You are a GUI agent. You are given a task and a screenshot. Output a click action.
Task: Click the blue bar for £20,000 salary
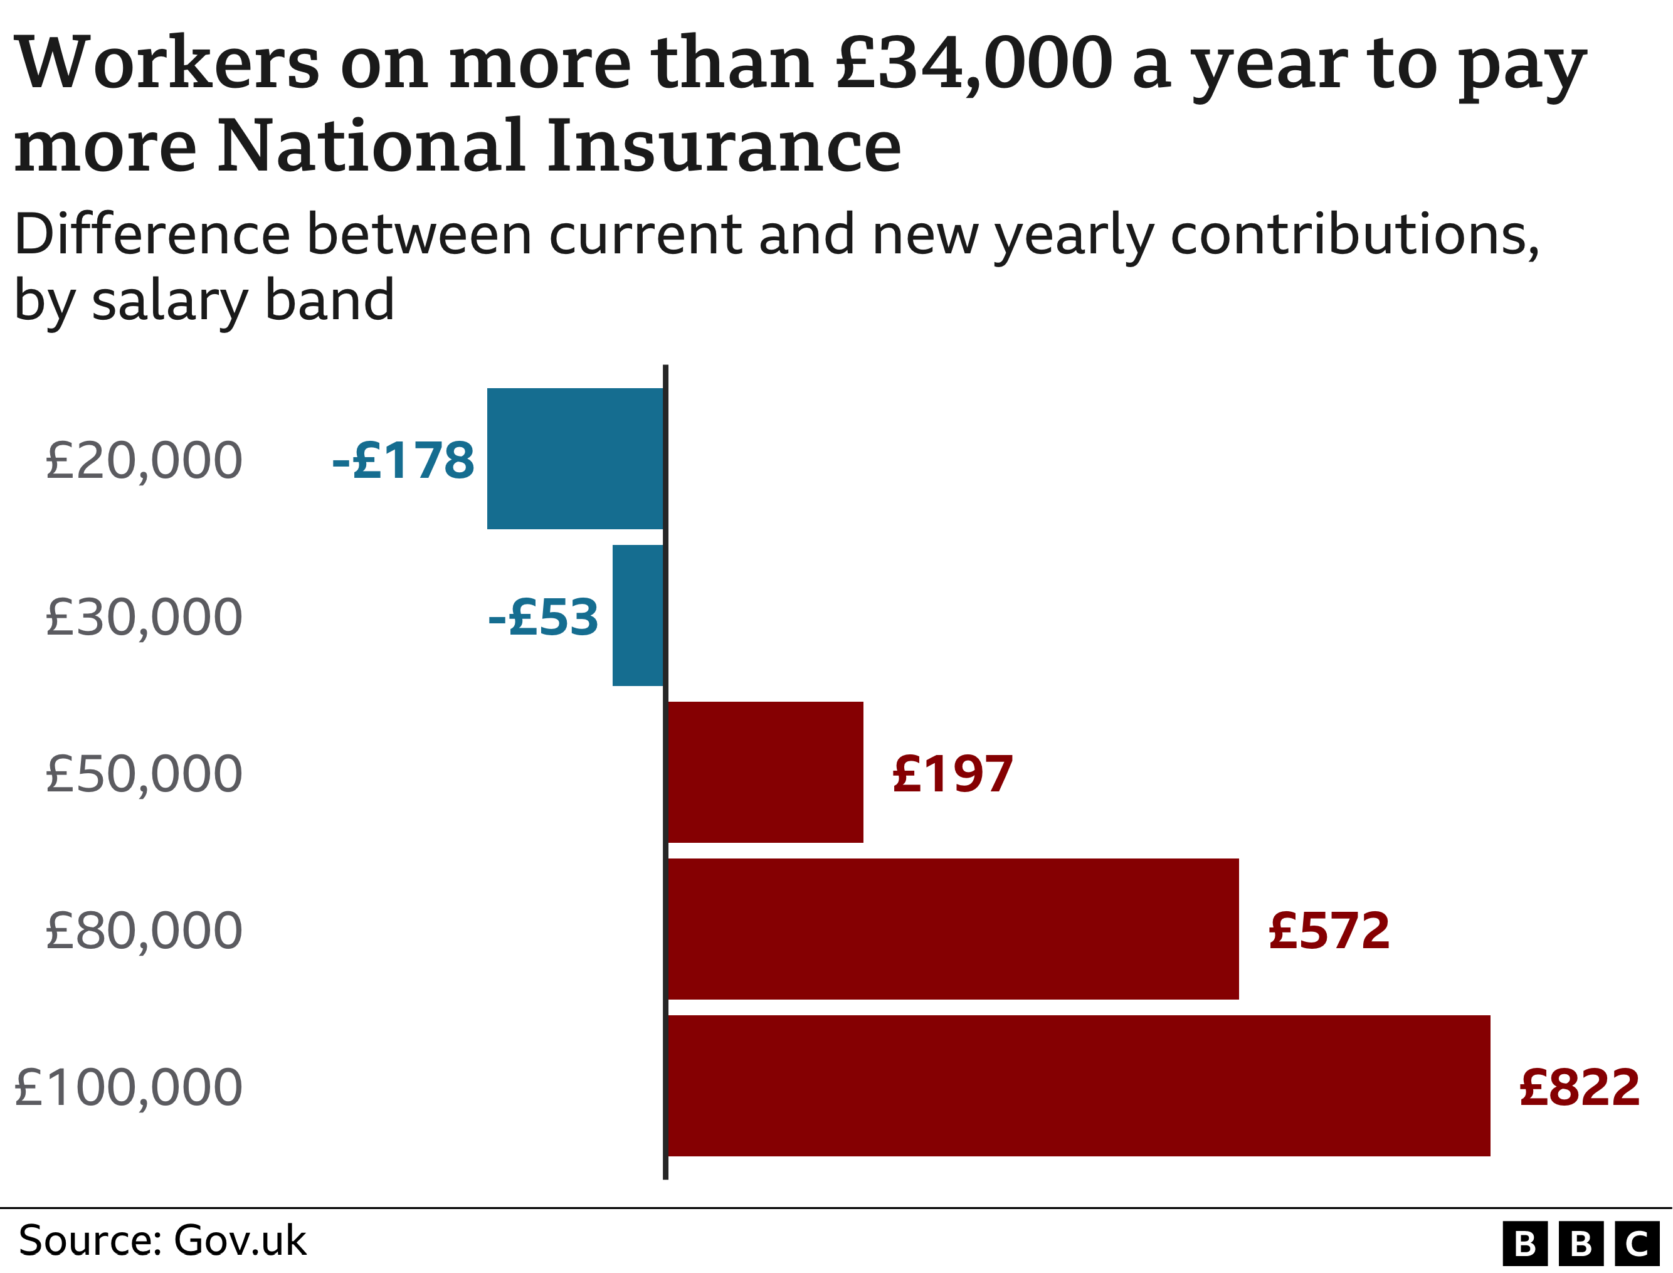575,458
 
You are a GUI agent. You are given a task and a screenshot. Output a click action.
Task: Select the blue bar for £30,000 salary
638,615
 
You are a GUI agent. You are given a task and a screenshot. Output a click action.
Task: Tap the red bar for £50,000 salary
765,772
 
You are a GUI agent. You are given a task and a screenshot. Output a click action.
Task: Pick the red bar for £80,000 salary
953,929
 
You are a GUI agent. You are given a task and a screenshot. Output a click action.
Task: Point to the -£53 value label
543,617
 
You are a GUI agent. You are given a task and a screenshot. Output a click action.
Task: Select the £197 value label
953,774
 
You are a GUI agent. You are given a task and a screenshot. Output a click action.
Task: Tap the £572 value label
1329,931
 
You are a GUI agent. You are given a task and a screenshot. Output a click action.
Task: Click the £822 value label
1580,1087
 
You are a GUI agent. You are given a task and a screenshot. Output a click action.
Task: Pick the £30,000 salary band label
144,617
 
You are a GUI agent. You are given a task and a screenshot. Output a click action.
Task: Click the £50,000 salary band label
144,774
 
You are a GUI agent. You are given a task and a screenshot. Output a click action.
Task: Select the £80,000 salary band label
144,931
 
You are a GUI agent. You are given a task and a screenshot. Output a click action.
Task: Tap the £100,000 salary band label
129,1087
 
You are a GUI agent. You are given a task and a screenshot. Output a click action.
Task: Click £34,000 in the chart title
974,65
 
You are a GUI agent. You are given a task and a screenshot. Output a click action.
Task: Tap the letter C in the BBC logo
1636,1244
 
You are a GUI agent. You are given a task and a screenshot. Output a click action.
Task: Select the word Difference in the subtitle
152,235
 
